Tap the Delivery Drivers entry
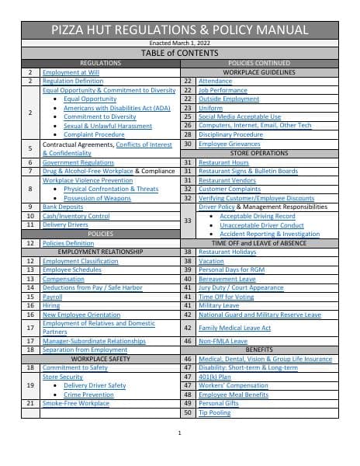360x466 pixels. tap(64, 224)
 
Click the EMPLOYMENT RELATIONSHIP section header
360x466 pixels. tap(100, 252)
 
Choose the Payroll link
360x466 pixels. tap(52, 297)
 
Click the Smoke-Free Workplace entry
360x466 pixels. tap(75, 404)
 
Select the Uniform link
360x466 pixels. tap(210, 108)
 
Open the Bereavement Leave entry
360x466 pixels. tap(227, 279)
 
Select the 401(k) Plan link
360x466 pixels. tap(214, 377)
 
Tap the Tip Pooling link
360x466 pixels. tap(214, 412)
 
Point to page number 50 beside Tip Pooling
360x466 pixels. tap(187, 412)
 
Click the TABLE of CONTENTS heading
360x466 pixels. tap(180, 53)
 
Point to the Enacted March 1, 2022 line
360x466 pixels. tap(180, 42)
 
